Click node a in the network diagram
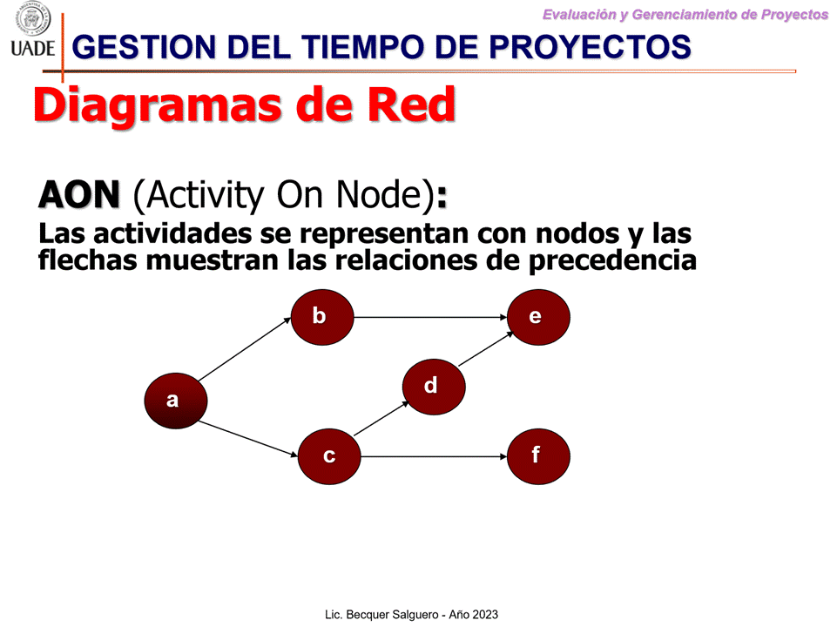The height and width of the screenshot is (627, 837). point(176,401)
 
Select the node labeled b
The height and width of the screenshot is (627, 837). point(322,317)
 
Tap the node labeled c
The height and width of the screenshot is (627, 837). point(329,456)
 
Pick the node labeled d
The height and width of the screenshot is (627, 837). point(434,387)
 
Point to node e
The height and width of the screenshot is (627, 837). point(538,317)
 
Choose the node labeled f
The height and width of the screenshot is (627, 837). point(538,456)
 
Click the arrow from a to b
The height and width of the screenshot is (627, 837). point(245,349)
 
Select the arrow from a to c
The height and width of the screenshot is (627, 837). point(247,439)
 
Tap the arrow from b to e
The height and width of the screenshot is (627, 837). point(430,317)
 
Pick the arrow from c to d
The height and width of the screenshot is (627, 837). point(381,419)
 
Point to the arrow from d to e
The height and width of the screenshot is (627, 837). point(486,349)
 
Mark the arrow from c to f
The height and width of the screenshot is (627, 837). point(434,456)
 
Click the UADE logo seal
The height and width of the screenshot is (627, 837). point(33,19)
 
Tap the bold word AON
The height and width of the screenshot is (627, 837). point(79,195)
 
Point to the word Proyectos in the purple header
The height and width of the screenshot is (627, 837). point(794,15)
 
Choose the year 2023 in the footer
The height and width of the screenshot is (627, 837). point(485,615)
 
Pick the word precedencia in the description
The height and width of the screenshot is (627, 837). point(612,261)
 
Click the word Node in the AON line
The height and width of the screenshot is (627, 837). point(380,195)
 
